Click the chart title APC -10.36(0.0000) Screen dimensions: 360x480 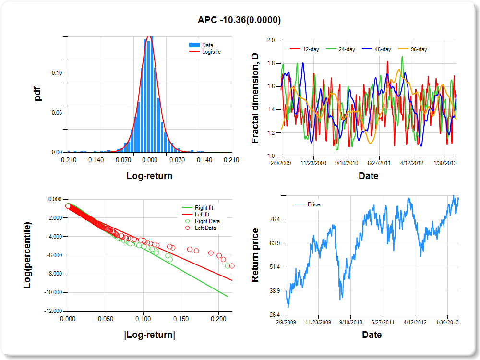click(239, 20)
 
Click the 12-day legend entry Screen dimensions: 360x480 click(309, 49)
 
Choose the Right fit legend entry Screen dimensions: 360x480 click(204, 208)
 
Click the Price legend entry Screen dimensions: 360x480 click(313, 204)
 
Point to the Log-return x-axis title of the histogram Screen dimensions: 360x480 click(149, 176)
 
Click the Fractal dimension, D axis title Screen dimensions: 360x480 click(255, 98)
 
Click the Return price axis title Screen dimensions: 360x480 click(255, 255)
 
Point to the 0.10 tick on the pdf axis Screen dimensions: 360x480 click(57, 73)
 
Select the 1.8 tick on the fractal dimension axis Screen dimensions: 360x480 click(271, 63)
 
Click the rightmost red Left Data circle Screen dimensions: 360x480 click(232, 266)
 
